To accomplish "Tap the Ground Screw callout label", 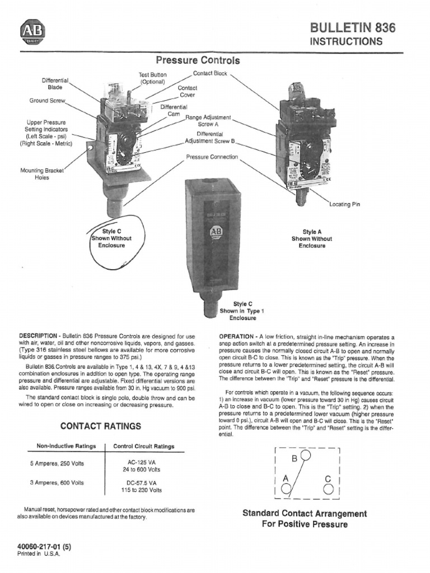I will click(48, 101).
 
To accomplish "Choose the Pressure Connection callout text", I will click(212, 157).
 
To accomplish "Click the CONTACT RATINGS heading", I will click(101, 426).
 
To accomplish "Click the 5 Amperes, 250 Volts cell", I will click(57, 464).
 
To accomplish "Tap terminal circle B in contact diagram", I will click(305, 455).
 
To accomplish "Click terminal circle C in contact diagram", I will click(329, 489).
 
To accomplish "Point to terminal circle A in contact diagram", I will click(286, 489).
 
